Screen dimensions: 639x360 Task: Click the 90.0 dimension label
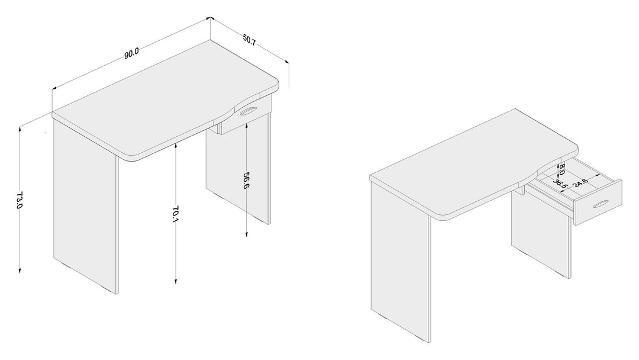[131, 53]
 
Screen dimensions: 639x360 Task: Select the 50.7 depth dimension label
[250, 40]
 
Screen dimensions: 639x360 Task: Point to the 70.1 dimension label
[175, 214]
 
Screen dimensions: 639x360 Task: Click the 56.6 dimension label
[246, 181]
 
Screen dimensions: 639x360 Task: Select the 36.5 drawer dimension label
[561, 182]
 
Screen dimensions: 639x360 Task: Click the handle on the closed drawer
[248, 111]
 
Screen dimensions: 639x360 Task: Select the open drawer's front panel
[598, 202]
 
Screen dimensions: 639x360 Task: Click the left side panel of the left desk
[85, 204]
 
